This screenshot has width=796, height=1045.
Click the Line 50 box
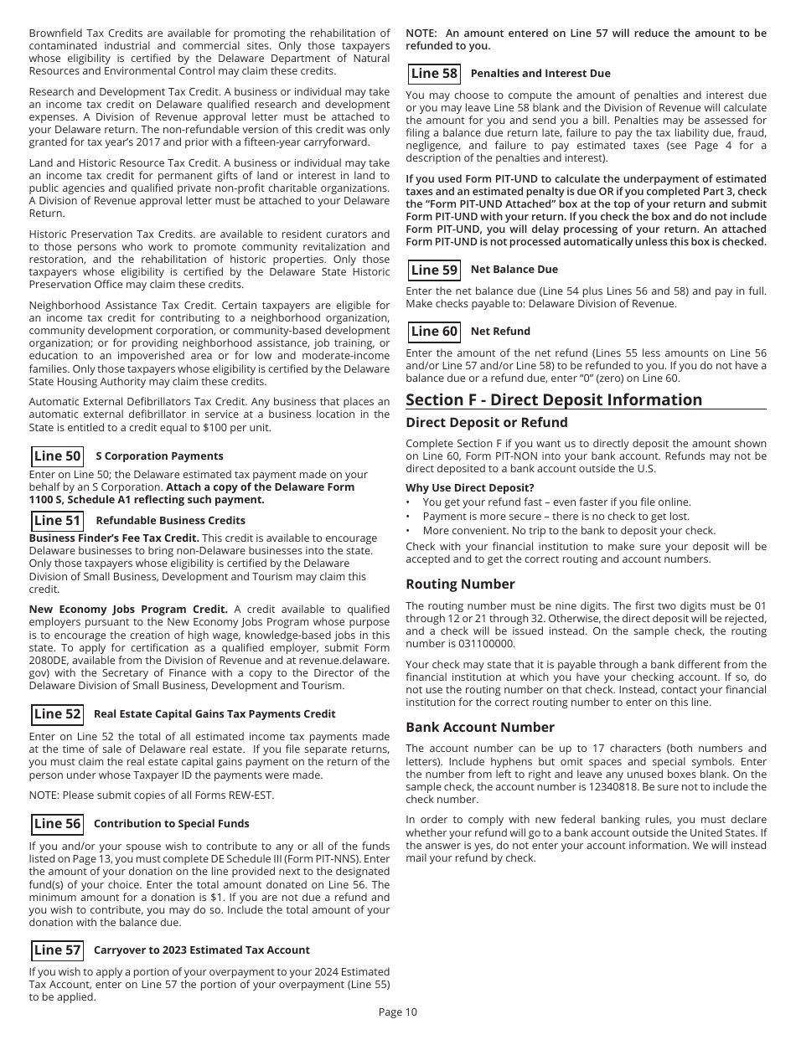pyautogui.click(x=57, y=456)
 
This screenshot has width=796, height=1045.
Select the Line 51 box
pyautogui.click(x=57, y=521)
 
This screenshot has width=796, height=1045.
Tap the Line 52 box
pyautogui.click(x=57, y=714)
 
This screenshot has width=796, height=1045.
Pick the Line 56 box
pyautogui.click(x=57, y=824)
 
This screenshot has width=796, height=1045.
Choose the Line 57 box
pyautogui.click(x=57, y=950)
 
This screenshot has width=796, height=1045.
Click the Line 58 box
pyautogui.click(x=434, y=74)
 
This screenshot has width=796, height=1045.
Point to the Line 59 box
pyautogui.click(x=434, y=270)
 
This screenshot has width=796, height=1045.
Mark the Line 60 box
pyautogui.click(x=434, y=332)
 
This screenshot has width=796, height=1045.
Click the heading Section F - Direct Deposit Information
pyautogui.click(x=554, y=399)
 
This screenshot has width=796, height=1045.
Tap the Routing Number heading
pyautogui.click(x=460, y=584)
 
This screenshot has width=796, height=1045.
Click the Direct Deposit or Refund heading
pyautogui.click(x=486, y=423)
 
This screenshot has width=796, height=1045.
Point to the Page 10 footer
pyautogui.click(x=397, y=1012)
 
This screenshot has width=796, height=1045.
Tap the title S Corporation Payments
pyautogui.click(x=159, y=456)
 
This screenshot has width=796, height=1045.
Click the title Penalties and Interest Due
pyautogui.click(x=540, y=74)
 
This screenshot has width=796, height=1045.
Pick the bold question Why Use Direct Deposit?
pyautogui.click(x=469, y=488)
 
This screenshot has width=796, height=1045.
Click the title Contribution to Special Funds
pyautogui.click(x=171, y=824)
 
